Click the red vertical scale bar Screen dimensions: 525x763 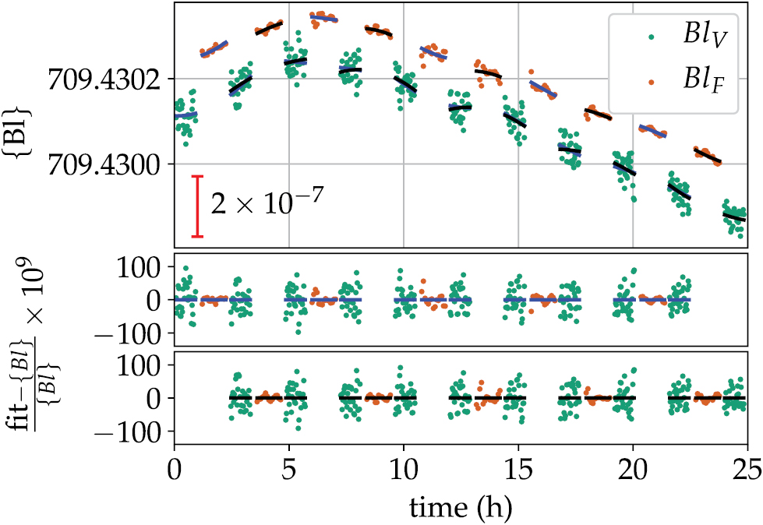(198, 206)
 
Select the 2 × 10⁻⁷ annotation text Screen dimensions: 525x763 (264, 206)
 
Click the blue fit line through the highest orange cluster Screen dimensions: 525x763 (323, 18)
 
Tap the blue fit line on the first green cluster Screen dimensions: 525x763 (185, 115)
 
